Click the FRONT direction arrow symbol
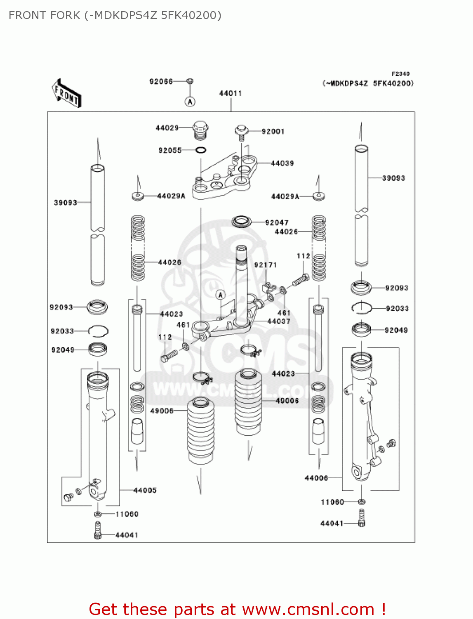[x=66, y=94]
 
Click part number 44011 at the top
[x=230, y=93]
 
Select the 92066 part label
[x=161, y=82]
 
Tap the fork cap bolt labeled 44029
[x=200, y=129]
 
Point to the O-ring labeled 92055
[x=200, y=150]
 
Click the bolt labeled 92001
[x=241, y=131]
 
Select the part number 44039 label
[x=282, y=163]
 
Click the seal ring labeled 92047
[x=241, y=222]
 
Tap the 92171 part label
[x=265, y=265]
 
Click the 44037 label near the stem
[x=279, y=321]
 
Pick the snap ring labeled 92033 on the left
[x=98, y=331]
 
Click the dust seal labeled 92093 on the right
[x=361, y=287]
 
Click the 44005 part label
[x=145, y=490]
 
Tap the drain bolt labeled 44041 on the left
[x=98, y=530]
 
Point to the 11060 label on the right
[x=332, y=502]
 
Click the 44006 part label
[x=316, y=478]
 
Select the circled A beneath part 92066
[x=190, y=102]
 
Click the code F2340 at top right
[x=400, y=74]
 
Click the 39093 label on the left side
[x=65, y=203]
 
